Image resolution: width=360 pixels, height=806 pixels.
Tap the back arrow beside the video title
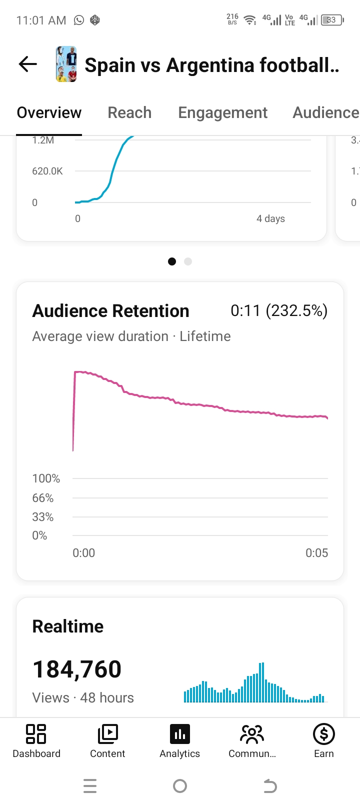point(27,64)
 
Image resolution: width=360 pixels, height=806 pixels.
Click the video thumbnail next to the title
point(66,64)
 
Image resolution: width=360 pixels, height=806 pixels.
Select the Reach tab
point(129,112)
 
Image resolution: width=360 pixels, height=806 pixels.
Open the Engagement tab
point(223,113)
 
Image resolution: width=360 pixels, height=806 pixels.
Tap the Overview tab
point(49,112)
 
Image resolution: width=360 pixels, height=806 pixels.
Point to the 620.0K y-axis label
point(47,171)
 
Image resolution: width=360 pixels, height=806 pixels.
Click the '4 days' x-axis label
point(270,219)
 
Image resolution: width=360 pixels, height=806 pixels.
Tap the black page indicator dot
point(172,261)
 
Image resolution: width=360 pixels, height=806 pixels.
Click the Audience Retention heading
point(111,311)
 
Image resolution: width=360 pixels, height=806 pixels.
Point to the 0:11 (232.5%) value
point(279,310)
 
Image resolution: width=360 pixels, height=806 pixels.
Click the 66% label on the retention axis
point(43,498)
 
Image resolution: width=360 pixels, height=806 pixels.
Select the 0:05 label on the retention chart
point(317,552)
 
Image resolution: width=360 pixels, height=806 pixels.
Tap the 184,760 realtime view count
point(77,669)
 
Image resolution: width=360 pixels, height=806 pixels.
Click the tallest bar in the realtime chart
point(261,682)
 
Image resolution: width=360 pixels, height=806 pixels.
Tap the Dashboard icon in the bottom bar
point(36,734)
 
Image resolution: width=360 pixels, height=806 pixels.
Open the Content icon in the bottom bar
point(107,734)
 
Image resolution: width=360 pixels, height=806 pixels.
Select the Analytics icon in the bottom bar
point(180,734)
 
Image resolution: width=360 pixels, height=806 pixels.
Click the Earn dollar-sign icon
point(324,734)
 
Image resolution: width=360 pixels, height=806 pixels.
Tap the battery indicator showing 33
point(332,20)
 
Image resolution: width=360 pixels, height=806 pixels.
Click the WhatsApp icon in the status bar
point(79,20)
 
